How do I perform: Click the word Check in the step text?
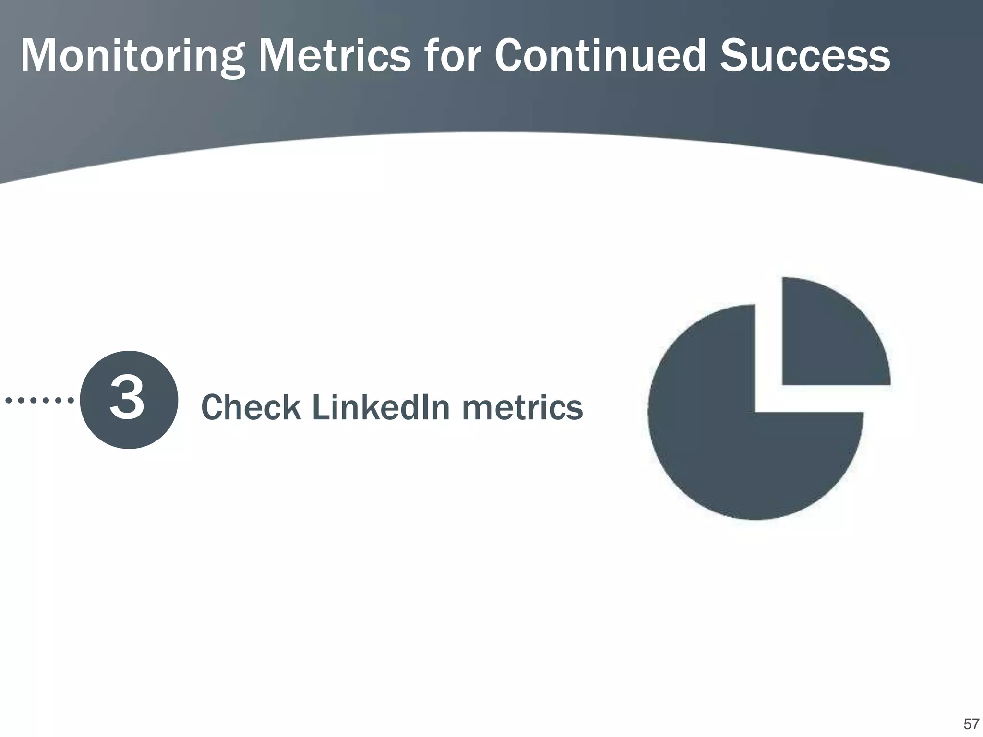coord(250,407)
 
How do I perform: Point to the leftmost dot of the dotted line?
coord(8,400)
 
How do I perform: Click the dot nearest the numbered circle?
coord(71,400)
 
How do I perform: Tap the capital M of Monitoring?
coord(40,57)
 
